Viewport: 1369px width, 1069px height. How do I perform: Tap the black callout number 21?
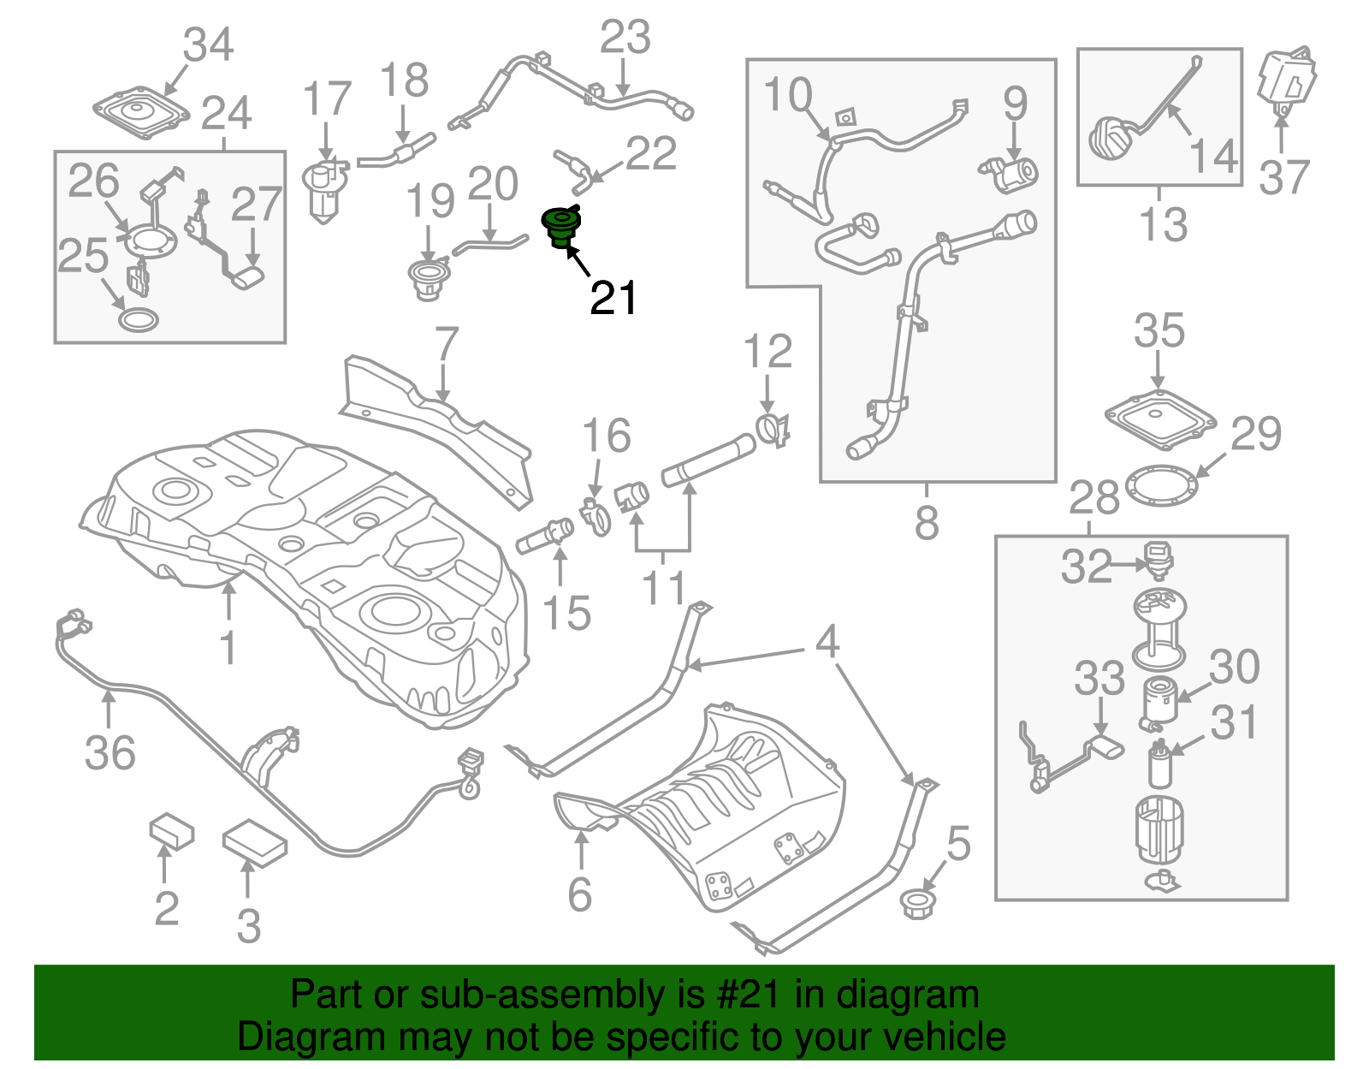pos(613,299)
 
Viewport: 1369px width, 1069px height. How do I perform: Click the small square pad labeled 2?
pos(172,831)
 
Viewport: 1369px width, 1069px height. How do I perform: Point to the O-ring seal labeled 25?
pos(138,321)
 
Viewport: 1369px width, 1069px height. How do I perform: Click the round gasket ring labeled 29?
pos(1161,485)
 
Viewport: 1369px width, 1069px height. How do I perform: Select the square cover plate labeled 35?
pos(1159,418)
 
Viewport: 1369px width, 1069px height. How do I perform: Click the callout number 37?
pos(1283,178)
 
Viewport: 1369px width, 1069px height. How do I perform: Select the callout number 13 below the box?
pos(1163,225)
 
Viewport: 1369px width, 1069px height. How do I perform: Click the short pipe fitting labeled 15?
pos(545,536)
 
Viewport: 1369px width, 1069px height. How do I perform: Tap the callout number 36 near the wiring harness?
pos(110,753)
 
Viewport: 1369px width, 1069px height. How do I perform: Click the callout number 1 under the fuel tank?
pos(228,647)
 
